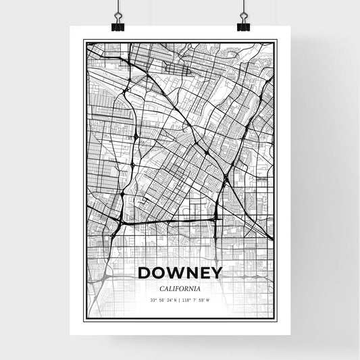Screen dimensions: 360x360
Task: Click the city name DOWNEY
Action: click(180, 274)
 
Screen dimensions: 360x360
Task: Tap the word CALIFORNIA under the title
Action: click(180, 288)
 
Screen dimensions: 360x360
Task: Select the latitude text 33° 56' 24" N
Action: click(165, 300)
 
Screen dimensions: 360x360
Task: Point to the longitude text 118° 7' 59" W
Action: click(196, 300)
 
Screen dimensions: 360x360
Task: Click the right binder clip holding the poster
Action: click(243, 24)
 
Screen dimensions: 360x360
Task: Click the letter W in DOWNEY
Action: click(175, 274)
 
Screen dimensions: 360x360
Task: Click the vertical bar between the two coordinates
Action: click(180, 300)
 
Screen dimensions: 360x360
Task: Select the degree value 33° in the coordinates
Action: click(153, 300)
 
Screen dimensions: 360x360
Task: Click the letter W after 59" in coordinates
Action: click(208, 300)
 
